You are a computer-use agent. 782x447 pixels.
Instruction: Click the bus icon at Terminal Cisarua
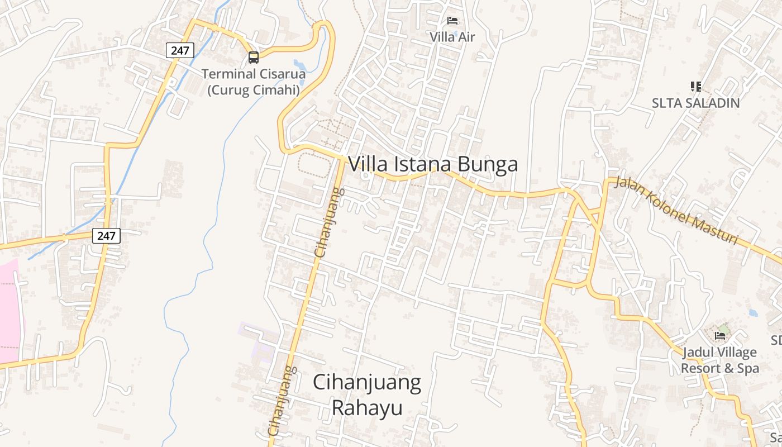[254, 57]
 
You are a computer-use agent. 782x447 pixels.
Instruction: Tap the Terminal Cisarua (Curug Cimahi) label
[254, 82]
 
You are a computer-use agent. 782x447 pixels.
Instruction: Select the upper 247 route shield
[180, 50]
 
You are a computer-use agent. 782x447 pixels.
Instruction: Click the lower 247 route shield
[106, 236]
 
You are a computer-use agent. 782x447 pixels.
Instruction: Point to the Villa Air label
[452, 37]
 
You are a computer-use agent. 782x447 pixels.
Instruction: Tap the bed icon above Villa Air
[452, 21]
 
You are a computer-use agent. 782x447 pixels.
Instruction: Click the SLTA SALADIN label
[696, 103]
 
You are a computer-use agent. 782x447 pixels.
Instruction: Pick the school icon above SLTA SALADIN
[696, 87]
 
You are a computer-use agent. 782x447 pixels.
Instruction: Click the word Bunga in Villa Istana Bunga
[488, 164]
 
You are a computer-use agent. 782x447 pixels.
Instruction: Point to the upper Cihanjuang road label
[330, 223]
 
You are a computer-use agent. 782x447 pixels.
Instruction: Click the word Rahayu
[367, 407]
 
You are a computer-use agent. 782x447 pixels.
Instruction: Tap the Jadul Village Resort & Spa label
[719, 360]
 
